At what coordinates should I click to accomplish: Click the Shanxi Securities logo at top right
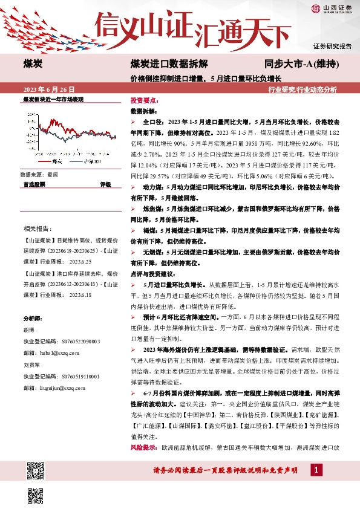coord(331,8)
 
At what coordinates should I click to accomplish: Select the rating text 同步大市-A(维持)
coord(301,63)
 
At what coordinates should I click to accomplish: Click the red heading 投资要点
coord(144,100)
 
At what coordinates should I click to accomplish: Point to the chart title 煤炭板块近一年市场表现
coord(53,98)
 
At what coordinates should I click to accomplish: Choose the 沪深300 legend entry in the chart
coord(91,162)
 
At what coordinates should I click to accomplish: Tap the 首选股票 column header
coord(34,183)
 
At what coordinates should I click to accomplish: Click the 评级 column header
coord(105,183)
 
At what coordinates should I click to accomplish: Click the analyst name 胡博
coord(29,330)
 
